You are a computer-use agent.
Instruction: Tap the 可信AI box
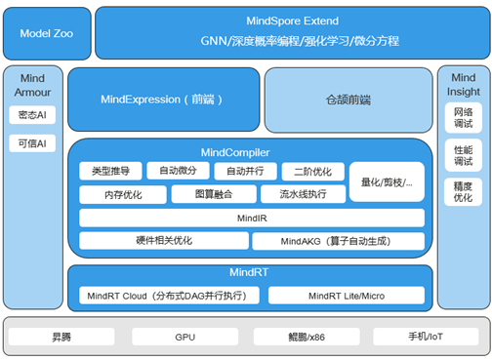[x=32, y=143]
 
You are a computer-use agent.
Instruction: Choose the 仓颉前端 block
[x=348, y=100]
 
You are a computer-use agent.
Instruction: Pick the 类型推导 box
[x=109, y=172]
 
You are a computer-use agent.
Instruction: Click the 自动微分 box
[x=177, y=172]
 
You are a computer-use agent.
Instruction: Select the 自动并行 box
[x=244, y=172]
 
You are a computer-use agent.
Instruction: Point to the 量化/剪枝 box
[x=387, y=181]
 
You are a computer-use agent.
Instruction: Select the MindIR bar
[x=252, y=217]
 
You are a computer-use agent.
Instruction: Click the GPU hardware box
[x=185, y=338]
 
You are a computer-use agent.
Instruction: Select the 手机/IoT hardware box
[x=426, y=338]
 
